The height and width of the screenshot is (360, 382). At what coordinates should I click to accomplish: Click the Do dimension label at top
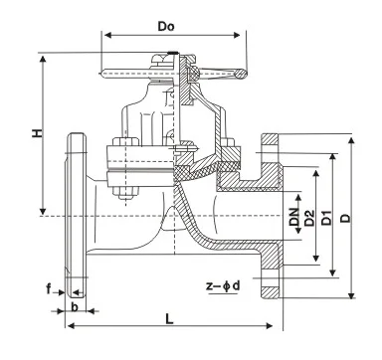166,27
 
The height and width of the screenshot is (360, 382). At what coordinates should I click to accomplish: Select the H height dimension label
38,132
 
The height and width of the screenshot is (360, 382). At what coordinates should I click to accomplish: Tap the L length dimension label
169,319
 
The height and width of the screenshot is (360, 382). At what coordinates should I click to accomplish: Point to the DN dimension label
293,217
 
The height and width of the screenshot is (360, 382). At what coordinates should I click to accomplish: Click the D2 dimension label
309,218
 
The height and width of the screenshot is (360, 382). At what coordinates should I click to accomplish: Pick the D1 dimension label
327,218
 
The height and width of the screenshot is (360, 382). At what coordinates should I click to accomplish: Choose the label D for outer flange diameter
346,218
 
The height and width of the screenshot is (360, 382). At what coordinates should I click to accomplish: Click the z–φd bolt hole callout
223,285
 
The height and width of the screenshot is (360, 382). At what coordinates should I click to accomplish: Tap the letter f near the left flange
49,289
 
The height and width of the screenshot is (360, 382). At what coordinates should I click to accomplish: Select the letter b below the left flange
75,306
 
